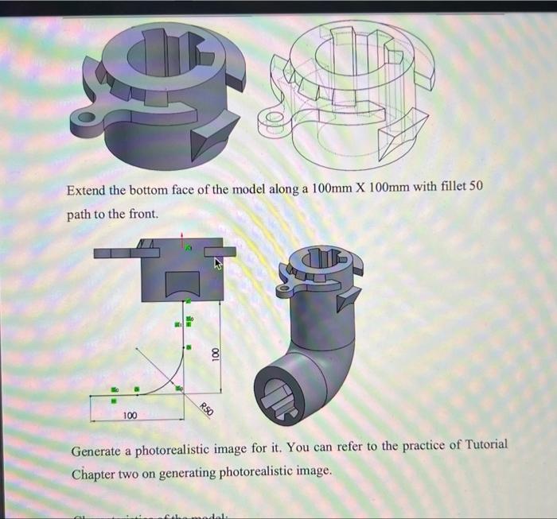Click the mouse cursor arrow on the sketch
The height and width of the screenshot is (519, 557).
point(216,264)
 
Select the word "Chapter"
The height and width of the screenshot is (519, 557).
point(95,473)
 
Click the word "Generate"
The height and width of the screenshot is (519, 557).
point(99,451)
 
